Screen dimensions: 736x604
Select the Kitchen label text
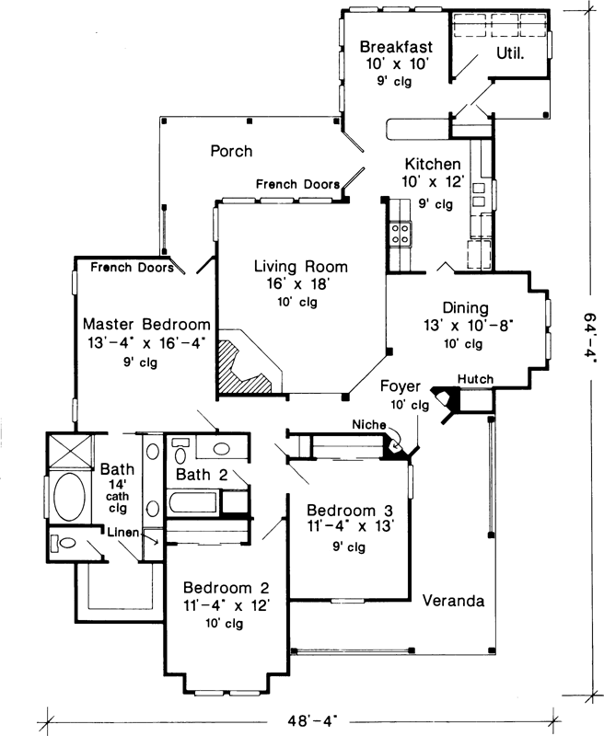[431, 165]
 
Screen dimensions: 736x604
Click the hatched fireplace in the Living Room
[246, 366]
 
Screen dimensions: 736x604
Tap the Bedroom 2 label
[226, 588]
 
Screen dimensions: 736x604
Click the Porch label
[230, 151]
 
